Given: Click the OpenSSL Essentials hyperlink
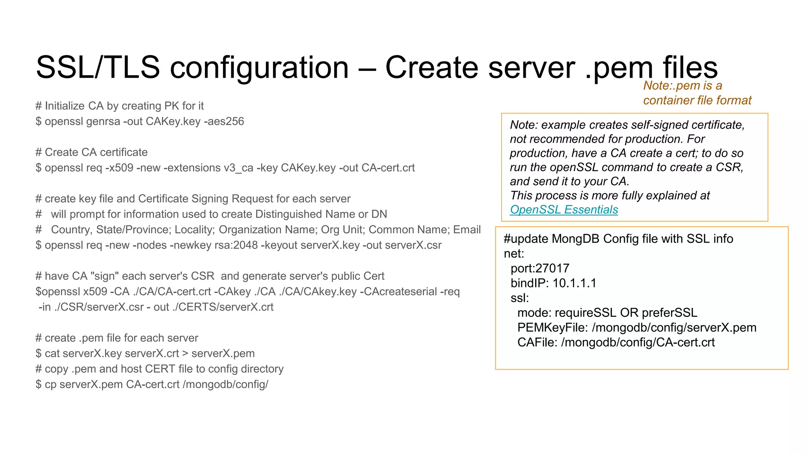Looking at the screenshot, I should click(x=563, y=210).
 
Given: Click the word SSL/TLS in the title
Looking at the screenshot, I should click(x=98, y=67).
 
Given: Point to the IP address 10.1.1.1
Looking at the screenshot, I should click(x=575, y=283).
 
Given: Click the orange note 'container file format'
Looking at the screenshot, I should click(x=697, y=100).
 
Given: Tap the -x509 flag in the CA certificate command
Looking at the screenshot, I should click(x=119, y=168).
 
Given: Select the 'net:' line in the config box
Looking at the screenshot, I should click(x=514, y=253).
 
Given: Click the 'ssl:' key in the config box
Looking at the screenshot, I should click(x=520, y=298).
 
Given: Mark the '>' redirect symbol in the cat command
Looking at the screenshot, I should click(x=185, y=354).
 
